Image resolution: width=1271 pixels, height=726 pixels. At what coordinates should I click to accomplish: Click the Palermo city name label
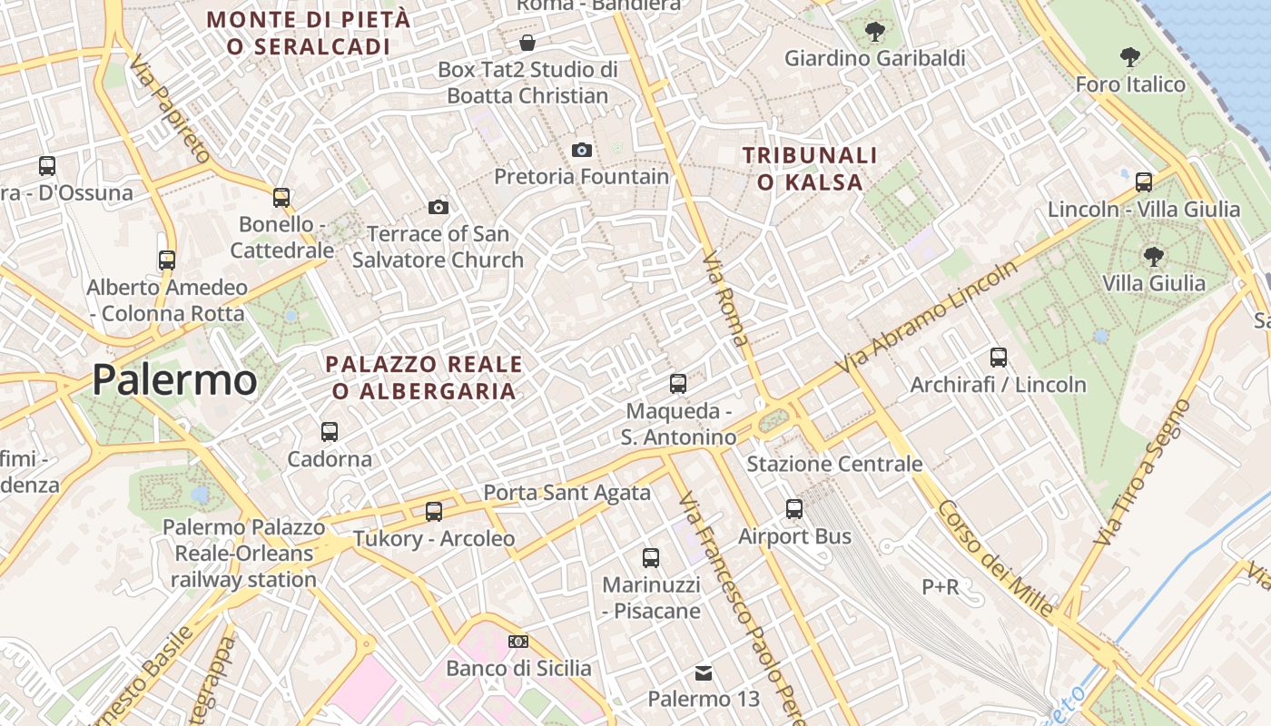(x=174, y=379)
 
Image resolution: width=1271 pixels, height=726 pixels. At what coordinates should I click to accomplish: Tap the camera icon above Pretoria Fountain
(x=582, y=150)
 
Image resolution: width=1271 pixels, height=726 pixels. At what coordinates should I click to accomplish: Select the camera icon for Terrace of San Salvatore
(x=438, y=208)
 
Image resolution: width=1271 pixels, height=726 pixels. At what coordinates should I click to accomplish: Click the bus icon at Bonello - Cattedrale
(x=281, y=197)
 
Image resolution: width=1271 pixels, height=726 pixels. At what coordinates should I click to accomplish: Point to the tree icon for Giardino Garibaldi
(x=875, y=33)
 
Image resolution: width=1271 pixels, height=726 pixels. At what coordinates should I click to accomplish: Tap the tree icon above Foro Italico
(x=1130, y=58)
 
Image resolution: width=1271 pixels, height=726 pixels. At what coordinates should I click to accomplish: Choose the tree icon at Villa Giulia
(x=1154, y=257)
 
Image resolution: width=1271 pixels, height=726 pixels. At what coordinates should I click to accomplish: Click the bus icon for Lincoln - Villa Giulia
(x=1144, y=181)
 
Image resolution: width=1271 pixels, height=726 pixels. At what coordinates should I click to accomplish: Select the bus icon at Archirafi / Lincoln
(x=999, y=358)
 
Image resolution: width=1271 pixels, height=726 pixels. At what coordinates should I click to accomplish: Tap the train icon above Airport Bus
(x=794, y=509)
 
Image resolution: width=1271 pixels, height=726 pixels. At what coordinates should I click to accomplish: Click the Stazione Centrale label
(x=834, y=464)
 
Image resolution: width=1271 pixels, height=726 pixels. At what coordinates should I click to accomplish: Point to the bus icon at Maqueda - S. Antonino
(x=678, y=384)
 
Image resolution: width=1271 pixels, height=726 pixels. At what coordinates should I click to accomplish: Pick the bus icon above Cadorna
(x=330, y=432)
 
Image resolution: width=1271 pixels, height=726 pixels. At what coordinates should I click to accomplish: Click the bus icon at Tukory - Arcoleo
(x=434, y=512)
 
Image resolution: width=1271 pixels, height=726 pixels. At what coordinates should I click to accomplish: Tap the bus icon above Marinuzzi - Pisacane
(x=651, y=558)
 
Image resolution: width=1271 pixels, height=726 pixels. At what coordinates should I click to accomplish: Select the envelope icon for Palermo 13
(x=704, y=673)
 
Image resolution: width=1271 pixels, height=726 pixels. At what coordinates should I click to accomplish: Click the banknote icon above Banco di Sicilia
(x=518, y=642)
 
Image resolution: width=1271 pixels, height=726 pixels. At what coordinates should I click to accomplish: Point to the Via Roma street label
(x=725, y=299)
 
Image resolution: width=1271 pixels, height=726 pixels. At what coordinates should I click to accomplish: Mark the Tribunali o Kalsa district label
(x=810, y=169)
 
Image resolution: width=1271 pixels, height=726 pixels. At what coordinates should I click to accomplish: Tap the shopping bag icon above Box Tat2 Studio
(x=527, y=43)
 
